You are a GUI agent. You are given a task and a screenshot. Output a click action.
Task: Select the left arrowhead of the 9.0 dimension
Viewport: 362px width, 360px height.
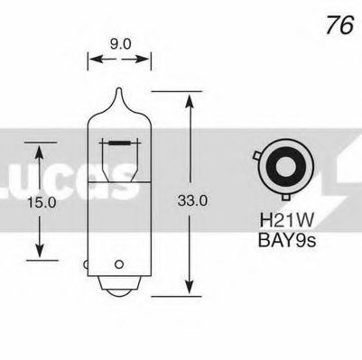pos(91,62)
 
